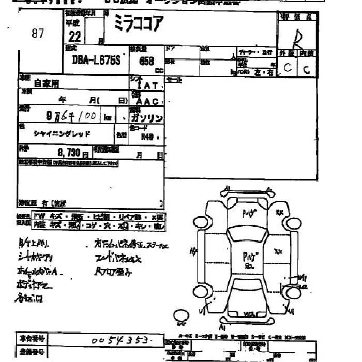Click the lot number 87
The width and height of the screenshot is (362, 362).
pos(38,34)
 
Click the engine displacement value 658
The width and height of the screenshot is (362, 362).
pos(146,61)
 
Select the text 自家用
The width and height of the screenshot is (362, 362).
pos(47,83)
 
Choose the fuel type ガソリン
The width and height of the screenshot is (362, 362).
pos(147,118)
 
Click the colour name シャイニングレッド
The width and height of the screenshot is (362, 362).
pos(63,133)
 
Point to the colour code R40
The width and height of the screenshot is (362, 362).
pos(149,138)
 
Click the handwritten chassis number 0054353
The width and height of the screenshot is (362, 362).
pos(122,340)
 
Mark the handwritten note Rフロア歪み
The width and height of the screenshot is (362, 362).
pos(114,271)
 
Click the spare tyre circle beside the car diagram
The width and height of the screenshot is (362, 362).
pos(182,316)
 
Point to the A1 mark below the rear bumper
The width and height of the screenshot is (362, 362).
pos(223,327)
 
